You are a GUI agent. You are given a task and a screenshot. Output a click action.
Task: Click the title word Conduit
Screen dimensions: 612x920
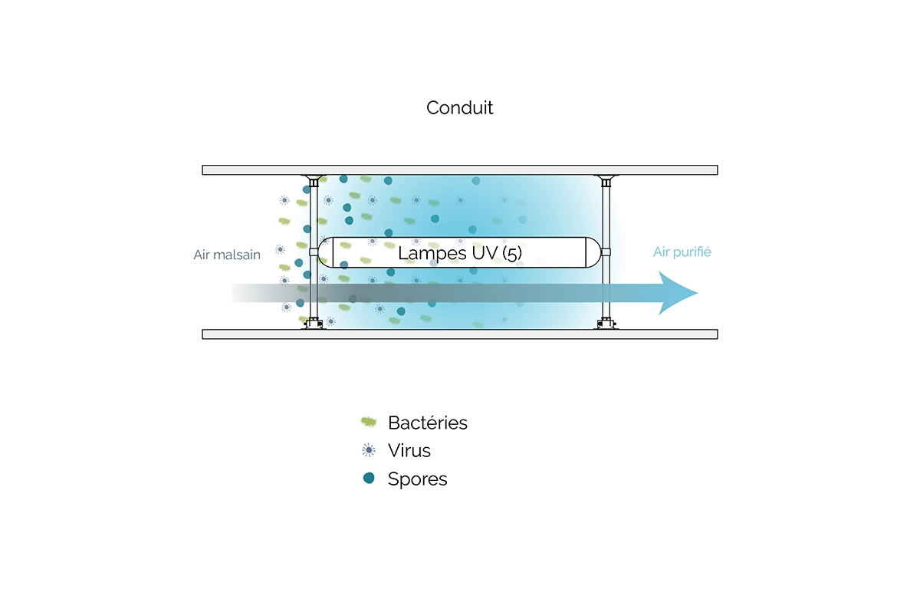tap(459, 108)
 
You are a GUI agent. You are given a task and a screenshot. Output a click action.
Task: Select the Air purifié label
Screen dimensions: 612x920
tap(682, 252)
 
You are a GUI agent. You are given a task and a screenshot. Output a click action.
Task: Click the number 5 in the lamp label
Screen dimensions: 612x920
tap(512, 252)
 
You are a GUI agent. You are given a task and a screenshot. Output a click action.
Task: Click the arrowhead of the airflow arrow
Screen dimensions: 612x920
tap(679, 293)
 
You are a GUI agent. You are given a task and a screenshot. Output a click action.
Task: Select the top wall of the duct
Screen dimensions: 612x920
tap(460, 169)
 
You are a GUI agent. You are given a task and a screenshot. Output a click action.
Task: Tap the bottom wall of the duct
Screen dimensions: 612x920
tap(460, 334)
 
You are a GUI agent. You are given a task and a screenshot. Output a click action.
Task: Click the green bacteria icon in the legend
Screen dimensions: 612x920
tap(369, 422)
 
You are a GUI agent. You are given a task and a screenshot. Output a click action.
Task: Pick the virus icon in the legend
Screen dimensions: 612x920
tap(369, 450)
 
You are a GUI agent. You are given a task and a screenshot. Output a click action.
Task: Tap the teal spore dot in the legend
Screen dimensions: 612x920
tap(369, 479)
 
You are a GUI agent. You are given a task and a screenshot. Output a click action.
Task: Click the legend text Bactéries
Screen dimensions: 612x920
tap(427, 423)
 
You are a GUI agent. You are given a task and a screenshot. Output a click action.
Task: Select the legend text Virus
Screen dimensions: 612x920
tap(409, 450)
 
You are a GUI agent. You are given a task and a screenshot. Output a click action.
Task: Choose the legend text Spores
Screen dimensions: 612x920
tap(417, 479)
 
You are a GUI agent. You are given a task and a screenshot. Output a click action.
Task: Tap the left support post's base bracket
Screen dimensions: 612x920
tap(314, 324)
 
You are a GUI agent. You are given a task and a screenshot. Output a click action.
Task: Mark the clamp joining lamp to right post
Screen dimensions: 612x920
tap(606, 252)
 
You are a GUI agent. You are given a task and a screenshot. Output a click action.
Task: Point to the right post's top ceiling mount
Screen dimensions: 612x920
tap(606, 179)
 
